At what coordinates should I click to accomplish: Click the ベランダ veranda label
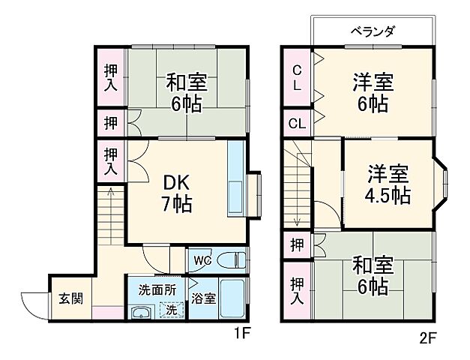pos(373,31)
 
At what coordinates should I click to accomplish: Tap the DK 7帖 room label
pos(177,192)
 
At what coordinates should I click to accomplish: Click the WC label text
pos(202,260)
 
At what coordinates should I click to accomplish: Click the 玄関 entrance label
pos(71,298)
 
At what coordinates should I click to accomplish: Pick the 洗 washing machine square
pos(172,309)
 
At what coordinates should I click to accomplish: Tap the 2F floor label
pos(427,337)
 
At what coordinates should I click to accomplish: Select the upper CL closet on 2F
pos(298,76)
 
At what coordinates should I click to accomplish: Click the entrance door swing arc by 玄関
pos(31,301)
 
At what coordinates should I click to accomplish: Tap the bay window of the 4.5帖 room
pos(443,184)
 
